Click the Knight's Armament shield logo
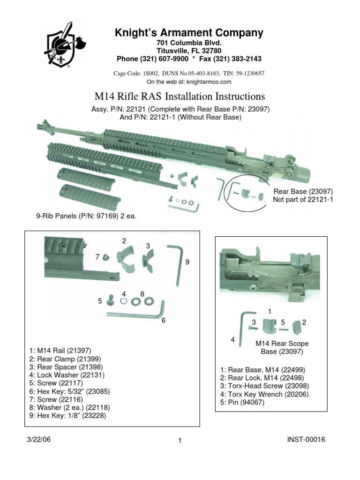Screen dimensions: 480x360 click(x=59, y=46)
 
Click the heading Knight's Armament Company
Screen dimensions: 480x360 click(x=189, y=33)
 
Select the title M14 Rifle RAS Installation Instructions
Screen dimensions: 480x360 click(x=180, y=97)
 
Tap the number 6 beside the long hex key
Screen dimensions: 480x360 click(x=164, y=320)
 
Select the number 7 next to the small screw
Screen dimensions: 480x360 click(x=97, y=256)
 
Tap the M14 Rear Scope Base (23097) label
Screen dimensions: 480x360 click(x=281, y=347)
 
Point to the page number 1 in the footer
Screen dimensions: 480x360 click(x=180, y=441)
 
